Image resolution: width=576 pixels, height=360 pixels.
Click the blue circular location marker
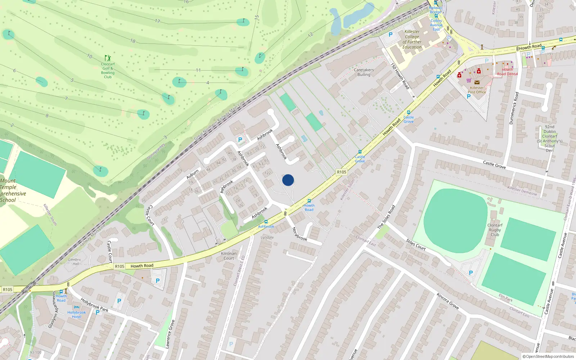pyautogui.click(x=288, y=180)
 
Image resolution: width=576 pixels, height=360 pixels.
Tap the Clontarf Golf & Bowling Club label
pyautogui.click(x=108, y=70)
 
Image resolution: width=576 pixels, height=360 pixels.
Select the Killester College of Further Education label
pyautogui.click(x=412, y=39)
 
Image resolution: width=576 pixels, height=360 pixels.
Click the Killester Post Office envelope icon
pyautogui.click(x=477, y=82)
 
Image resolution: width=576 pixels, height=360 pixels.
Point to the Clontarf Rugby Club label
pyautogui.click(x=495, y=230)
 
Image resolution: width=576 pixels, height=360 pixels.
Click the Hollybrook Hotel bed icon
pyautogui.click(x=76, y=307)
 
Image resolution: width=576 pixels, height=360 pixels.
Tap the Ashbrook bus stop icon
pyautogui.click(x=266, y=222)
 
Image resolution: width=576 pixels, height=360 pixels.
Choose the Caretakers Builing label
pyautogui.click(x=364, y=72)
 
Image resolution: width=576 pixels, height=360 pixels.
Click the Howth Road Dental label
pyautogui.click(x=507, y=72)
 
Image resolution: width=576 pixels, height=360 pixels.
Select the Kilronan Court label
pyautogui.click(x=229, y=256)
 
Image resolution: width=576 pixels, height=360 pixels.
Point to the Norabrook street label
pyautogui.click(x=299, y=234)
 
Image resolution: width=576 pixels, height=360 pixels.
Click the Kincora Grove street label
pyautogui.click(x=447, y=301)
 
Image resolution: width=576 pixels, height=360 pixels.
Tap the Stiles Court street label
pyautogui.click(x=415, y=244)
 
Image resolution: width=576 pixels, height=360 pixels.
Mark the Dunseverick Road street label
pyautogui.click(x=514, y=108)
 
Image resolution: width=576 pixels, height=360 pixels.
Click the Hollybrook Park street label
pyautogui.click(x=94, y=305)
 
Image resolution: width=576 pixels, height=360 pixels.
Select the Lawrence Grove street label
pyautogui.click(x=170, y=334)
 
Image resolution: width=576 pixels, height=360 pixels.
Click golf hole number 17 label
pyautogui.click(x=157, y=21)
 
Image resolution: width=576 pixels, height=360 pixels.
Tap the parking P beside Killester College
pyautogui.click(x=390, y=35)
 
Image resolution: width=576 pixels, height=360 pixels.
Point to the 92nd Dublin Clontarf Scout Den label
pyautogui.click(x=549, y=139)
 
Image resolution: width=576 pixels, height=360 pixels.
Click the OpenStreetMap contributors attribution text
pyautogui.click(x=548, y=356)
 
